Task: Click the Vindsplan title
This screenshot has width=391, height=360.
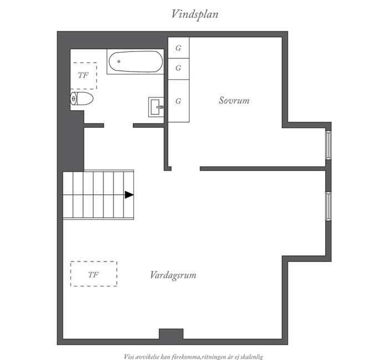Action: point(195,14)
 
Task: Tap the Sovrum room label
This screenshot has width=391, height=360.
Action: point(234,100)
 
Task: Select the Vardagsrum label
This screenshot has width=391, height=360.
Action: point(173,275)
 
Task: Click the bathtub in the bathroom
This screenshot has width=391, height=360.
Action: point(136,61)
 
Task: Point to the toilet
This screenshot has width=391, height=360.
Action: point(82,99)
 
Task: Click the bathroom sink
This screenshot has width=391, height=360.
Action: point(156,107)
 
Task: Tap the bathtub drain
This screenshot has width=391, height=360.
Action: point(119,61)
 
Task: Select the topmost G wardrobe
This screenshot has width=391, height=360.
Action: point(178,48)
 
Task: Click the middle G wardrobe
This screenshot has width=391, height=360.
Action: point(178,69)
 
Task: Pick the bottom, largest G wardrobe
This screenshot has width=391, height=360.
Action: point(178,101)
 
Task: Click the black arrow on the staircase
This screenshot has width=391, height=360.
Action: point(129,195)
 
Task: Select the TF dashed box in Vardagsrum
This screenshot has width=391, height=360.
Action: point(94,274)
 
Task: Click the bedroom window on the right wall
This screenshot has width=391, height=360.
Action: point(328,145)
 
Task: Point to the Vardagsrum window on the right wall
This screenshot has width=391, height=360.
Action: point(328,206)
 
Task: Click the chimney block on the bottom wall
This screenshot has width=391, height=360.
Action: point(171,334)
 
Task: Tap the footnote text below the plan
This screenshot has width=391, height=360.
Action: point(193,357)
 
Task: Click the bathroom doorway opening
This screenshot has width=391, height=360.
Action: point(119,125)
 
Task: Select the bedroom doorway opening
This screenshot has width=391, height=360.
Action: point(186,169)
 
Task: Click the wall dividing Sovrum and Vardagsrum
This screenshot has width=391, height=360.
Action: point(263,169)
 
